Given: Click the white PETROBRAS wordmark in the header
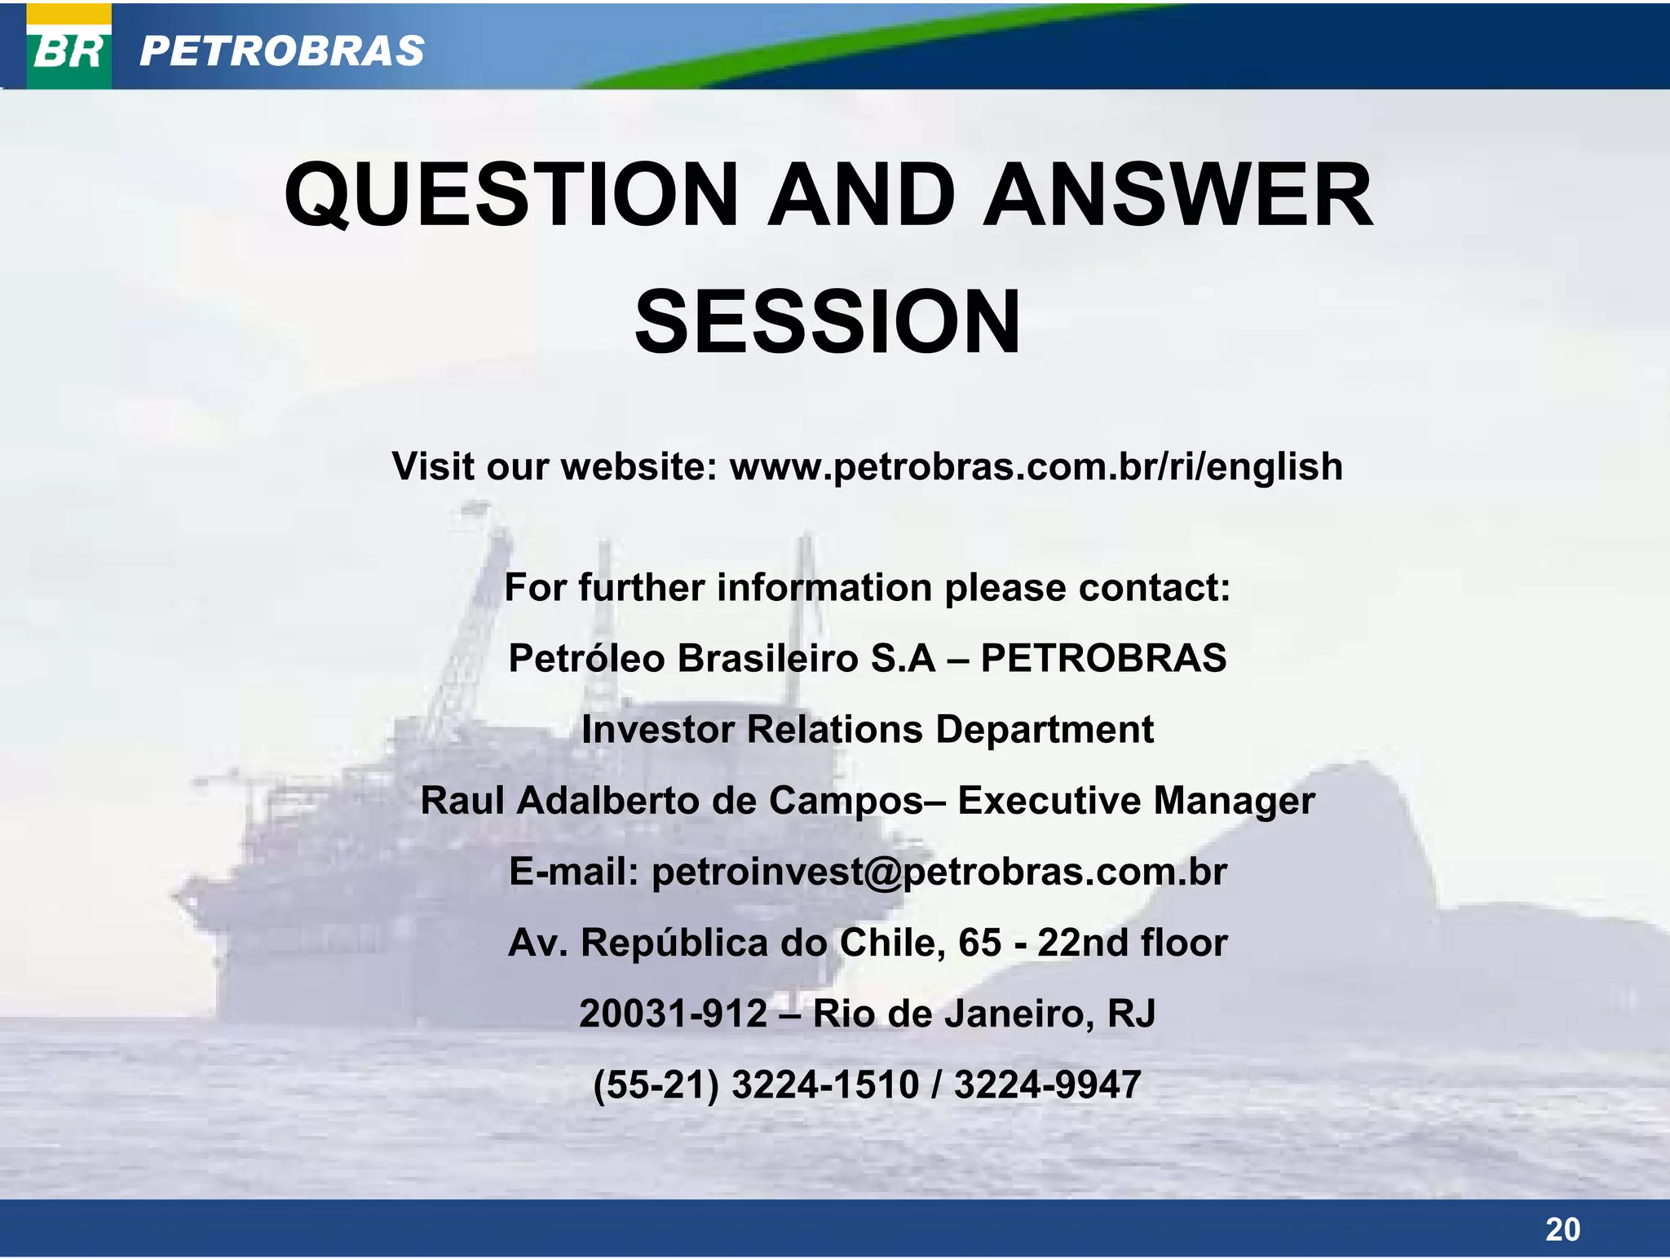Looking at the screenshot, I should click(x=281, y=51).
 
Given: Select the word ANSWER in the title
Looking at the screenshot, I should click(x=1177, y=196).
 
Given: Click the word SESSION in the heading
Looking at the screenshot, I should click(x=828, y=323).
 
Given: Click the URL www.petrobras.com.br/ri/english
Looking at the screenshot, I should click(x=1036, y=467).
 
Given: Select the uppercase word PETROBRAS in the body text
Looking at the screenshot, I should click(x=1103, y=658).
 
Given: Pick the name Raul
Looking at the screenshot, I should click(x=462, y=801).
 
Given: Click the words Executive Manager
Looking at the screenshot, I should click(x=1135, y=801).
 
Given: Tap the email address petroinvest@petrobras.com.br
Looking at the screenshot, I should click(x=939, y=872).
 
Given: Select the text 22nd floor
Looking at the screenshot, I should click(x=1132, y=943).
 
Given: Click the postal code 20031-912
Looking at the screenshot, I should click(x=674, y=1014).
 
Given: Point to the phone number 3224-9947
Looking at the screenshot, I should click(x=1047, y=1085).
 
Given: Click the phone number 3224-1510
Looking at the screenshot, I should click(x=824, y=1085).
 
